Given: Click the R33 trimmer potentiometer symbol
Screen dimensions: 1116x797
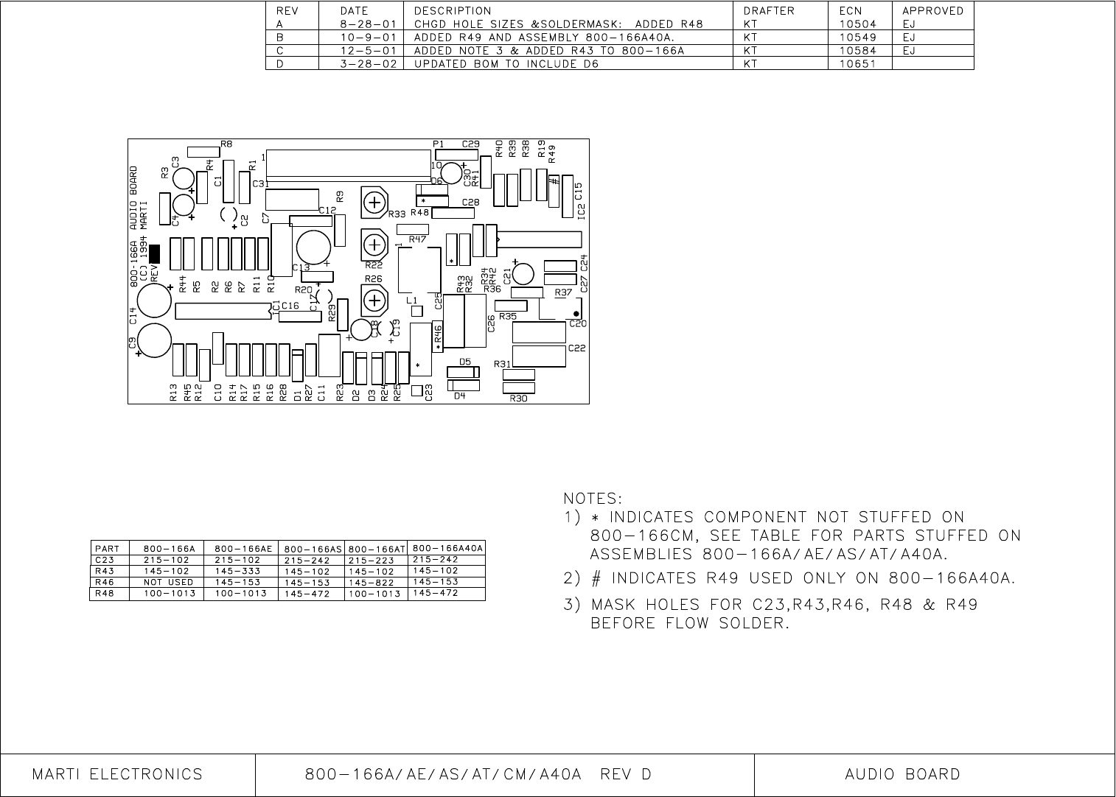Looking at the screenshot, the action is [374, 202].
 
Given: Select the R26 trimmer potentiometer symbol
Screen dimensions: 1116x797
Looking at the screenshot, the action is [374, 300].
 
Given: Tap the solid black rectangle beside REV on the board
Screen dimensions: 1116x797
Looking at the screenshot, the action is [155, 253].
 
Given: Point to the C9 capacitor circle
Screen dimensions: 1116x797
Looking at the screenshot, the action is [155, 340].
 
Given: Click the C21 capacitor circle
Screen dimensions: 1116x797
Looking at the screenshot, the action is [523, 274].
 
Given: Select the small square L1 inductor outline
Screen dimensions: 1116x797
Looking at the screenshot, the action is [416, 312].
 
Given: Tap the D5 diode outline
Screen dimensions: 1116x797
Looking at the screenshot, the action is [464, 372].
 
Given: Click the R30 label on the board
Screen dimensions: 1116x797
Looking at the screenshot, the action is [518, 398].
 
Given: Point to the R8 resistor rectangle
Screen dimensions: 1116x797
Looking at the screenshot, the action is [203, 152].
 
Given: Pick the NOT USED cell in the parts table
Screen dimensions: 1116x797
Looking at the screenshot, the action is [168, 582].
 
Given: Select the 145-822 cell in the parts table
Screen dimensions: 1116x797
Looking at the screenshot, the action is [376, 583].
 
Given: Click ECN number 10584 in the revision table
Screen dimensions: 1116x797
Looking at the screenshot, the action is [857, 51].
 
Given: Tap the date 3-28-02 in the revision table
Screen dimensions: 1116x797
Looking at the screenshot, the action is [369, 64].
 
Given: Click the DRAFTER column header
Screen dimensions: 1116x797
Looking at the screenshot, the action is [769, 11].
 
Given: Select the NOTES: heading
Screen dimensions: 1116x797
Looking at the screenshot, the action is [593, 499].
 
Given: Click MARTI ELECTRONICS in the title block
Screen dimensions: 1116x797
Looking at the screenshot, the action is [117, 775].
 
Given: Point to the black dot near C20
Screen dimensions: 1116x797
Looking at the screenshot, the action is [576, 315].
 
